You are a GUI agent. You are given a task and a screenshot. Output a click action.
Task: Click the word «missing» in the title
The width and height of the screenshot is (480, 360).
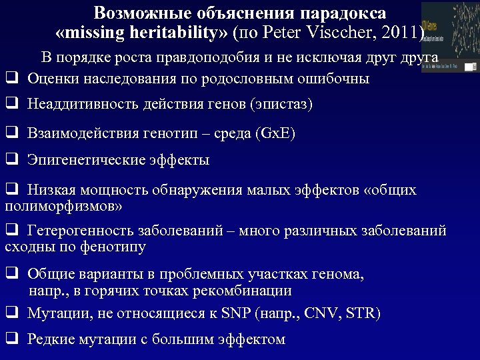tap(89, 33)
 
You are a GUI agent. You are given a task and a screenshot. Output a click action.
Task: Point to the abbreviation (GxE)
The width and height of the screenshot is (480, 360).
tap(275, 133)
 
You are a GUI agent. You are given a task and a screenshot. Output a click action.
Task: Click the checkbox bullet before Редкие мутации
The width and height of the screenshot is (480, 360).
tap(11, 339)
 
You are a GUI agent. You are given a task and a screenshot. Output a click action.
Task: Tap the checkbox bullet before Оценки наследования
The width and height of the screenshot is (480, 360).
tap(11, 78)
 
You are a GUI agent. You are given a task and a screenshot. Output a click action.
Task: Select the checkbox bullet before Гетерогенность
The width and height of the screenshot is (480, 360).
tap(11, 231)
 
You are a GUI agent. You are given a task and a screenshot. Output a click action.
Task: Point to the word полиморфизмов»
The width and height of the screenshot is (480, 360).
tap(63, 207)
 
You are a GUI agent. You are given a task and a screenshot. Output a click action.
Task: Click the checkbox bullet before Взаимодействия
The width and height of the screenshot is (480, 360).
tap(11, 133)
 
